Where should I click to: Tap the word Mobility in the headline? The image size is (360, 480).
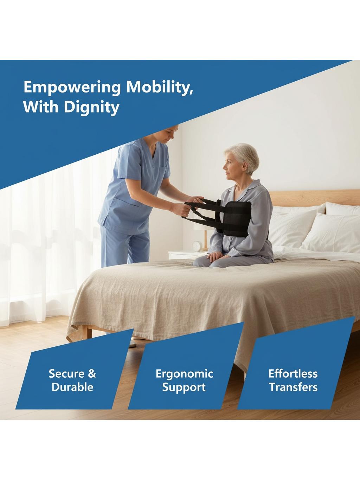pyautogui.click(x=160, y=87)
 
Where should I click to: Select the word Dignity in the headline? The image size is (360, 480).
pyautogui.click(x=92, y=108)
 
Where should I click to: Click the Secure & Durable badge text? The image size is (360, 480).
pyautogui.click(x=72, y=380)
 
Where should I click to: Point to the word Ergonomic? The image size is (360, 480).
pyautogui.click(x=184, y=374)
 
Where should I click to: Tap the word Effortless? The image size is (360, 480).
pyautogui.click(x=293, y=373)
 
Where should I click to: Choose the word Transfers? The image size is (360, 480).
pyautogui.click(x=293, y=387)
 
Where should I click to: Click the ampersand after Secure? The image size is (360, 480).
pyautogui.click(x=92, y=373)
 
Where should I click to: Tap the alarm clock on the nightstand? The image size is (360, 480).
pyautogui.click(x=197, y=246)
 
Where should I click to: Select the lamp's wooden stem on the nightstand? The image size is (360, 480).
pyautogui.click(x=205, y=239)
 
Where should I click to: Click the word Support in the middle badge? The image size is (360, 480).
pyautogui.click(x=184, y=387)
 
